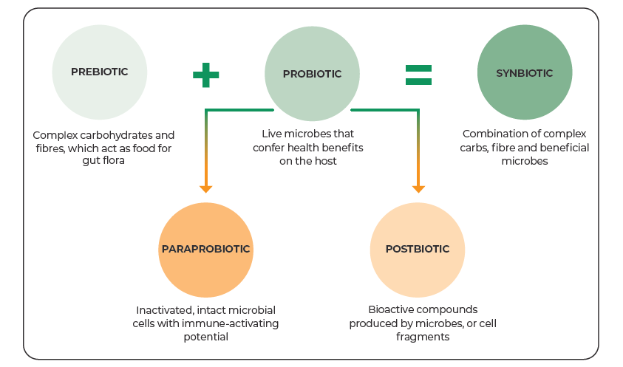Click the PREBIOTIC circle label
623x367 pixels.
coord(99,72)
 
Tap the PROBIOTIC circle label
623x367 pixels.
coord(312,74)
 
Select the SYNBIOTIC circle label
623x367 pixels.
coord(525,73)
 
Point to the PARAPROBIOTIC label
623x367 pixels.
coord(205,249)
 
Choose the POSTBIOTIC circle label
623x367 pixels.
coord(418,249)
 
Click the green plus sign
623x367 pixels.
coord(205,75)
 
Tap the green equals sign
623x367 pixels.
coord(418,75)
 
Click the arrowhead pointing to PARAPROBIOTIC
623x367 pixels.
coord(205,188)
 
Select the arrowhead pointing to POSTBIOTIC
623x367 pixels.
coord(418,188)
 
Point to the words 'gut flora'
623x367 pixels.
coord(103,160)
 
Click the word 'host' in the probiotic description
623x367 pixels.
coord(326,161)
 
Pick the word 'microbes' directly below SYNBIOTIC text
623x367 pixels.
coord(525,161)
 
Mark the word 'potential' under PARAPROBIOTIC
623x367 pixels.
coord(205,337)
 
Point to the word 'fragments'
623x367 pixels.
coord(423,337)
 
